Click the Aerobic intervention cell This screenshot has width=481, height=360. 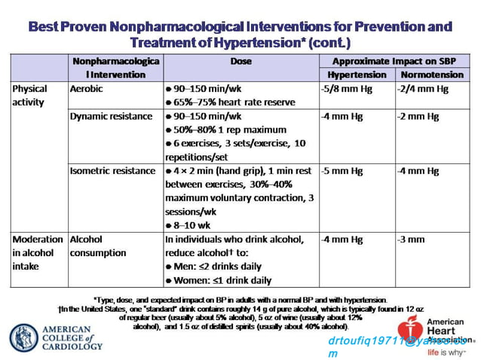coord(85,89)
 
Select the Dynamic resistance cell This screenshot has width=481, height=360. coord(105,117)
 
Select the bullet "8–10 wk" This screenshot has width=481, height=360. coord(191,224)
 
